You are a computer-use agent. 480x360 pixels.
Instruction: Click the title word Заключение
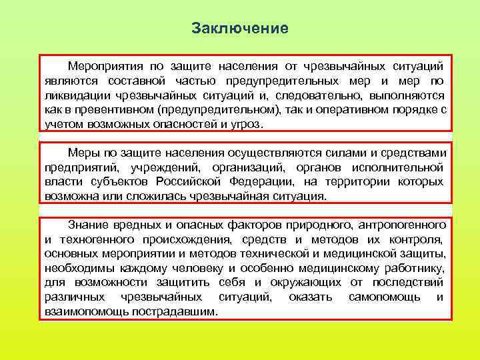239,29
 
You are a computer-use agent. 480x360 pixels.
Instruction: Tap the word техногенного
91,239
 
